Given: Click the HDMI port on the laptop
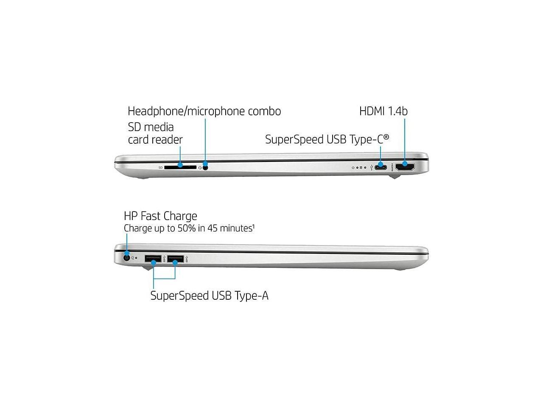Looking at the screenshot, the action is (405, 167).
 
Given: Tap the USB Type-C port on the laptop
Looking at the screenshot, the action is (381, 167).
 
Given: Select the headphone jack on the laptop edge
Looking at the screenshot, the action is (206, 167).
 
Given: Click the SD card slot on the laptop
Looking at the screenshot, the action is (180, 167).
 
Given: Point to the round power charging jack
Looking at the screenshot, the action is (126, 257).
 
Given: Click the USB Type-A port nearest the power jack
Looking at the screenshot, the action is (153, 258).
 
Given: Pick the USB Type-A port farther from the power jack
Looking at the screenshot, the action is (175, 258).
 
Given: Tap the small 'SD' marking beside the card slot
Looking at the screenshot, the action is (161, 167).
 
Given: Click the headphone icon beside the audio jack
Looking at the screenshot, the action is (200, 167).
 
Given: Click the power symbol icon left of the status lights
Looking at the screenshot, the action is (353, 167).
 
